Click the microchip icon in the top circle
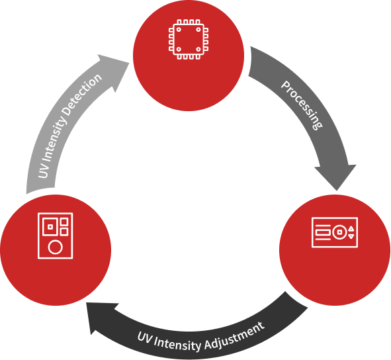click(x=189, y=40)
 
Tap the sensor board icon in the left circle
click(x=56, y=236)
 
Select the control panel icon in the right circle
click(x=335, y=232)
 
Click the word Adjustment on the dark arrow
click(x=234, y=336)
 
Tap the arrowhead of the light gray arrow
click(x=114, y=71)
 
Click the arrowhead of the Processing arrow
click(x=336, y=177)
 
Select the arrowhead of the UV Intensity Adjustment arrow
click(x=101, y=318)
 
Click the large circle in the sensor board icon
click(x=55, y=247)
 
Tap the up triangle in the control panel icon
click(x=351, y=228)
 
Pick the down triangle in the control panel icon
click(x=351, y=236)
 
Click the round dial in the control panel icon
click(x=339, y=232)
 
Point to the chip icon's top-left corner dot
click(x=179, y=29)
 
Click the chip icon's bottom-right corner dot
click(x=198, y=50)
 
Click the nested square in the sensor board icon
click(x=50, y=226)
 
